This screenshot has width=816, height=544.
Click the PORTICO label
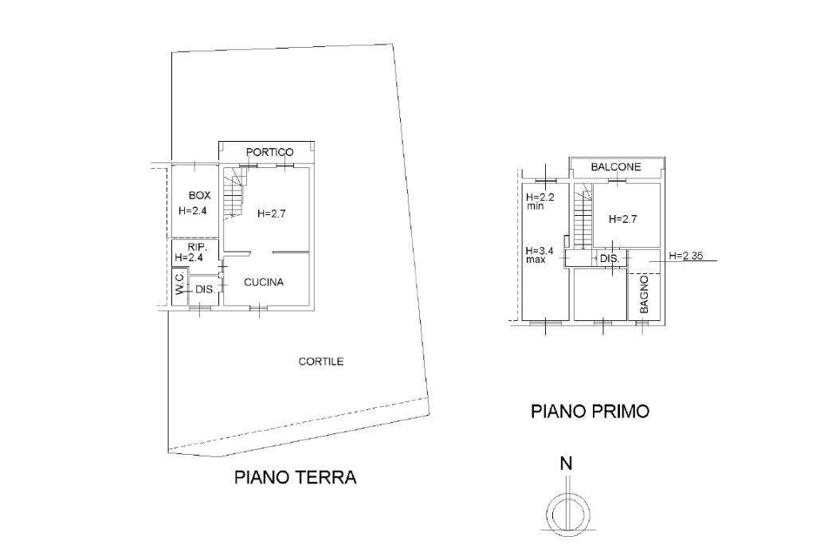click(269, 152)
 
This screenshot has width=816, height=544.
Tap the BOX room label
click(199, 195)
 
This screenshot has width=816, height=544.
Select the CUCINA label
click(265, 282)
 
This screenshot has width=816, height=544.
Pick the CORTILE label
click(321, 362)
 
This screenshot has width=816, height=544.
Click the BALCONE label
click(616, 167)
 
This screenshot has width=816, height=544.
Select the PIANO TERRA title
click(295, 478)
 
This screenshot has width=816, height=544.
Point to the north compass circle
click(567, 511)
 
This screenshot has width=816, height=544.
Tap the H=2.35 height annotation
click(686, 256)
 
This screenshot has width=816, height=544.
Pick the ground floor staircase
click(233, 193)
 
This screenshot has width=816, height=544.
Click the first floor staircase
click(584, 215)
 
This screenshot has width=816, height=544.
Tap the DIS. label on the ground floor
click(205, 289)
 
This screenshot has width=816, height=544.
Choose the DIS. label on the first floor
click(610, 260)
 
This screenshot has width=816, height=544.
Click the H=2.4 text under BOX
click(193, 211)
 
